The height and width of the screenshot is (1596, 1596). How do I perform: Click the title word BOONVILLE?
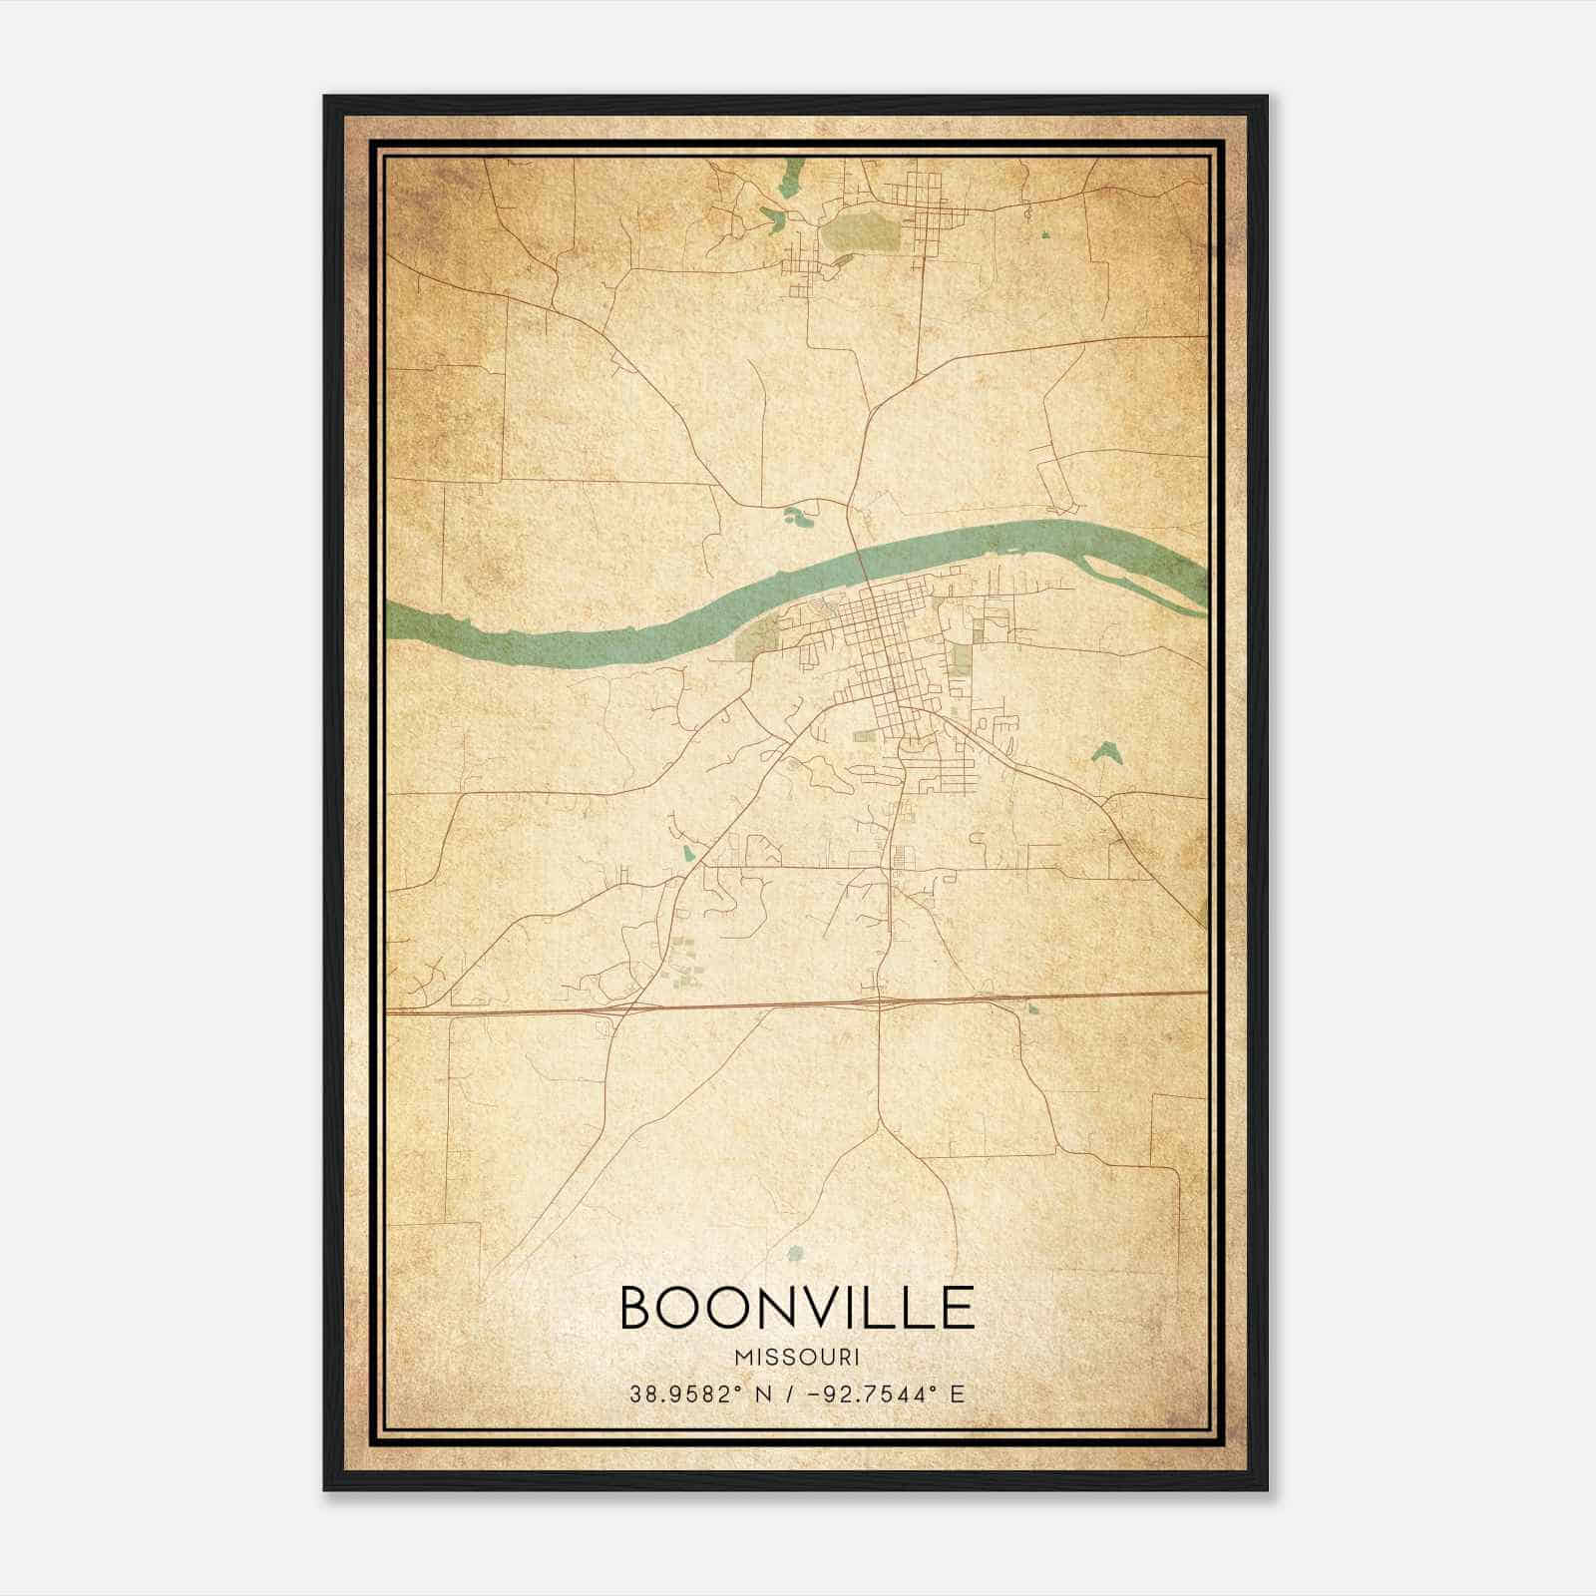click(x=797, y=1307)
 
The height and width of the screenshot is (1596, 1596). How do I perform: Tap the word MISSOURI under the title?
click(x=797, y=1358)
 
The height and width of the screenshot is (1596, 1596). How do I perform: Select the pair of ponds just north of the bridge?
click(x=797, y=516)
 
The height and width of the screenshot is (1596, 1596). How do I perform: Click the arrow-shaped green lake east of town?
click(x=1103, y=751)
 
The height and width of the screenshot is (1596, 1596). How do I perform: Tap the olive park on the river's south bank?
click(x=758, y=636)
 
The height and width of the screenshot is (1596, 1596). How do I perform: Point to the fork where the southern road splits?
click(x=879, y=1128)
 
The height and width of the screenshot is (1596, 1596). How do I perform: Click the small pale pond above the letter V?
click(x=794, y=1253)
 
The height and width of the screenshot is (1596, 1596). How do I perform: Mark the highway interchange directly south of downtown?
click(x=879, y=1000)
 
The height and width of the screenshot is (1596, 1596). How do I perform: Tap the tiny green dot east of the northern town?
click(x=1045, y=235)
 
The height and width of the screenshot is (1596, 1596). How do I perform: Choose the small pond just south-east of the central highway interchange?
click(x=1031, y=1010)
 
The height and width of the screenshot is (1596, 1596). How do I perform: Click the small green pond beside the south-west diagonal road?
click(x=688, y=854)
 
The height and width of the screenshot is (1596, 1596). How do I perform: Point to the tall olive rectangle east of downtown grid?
click(x=962, y=660)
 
